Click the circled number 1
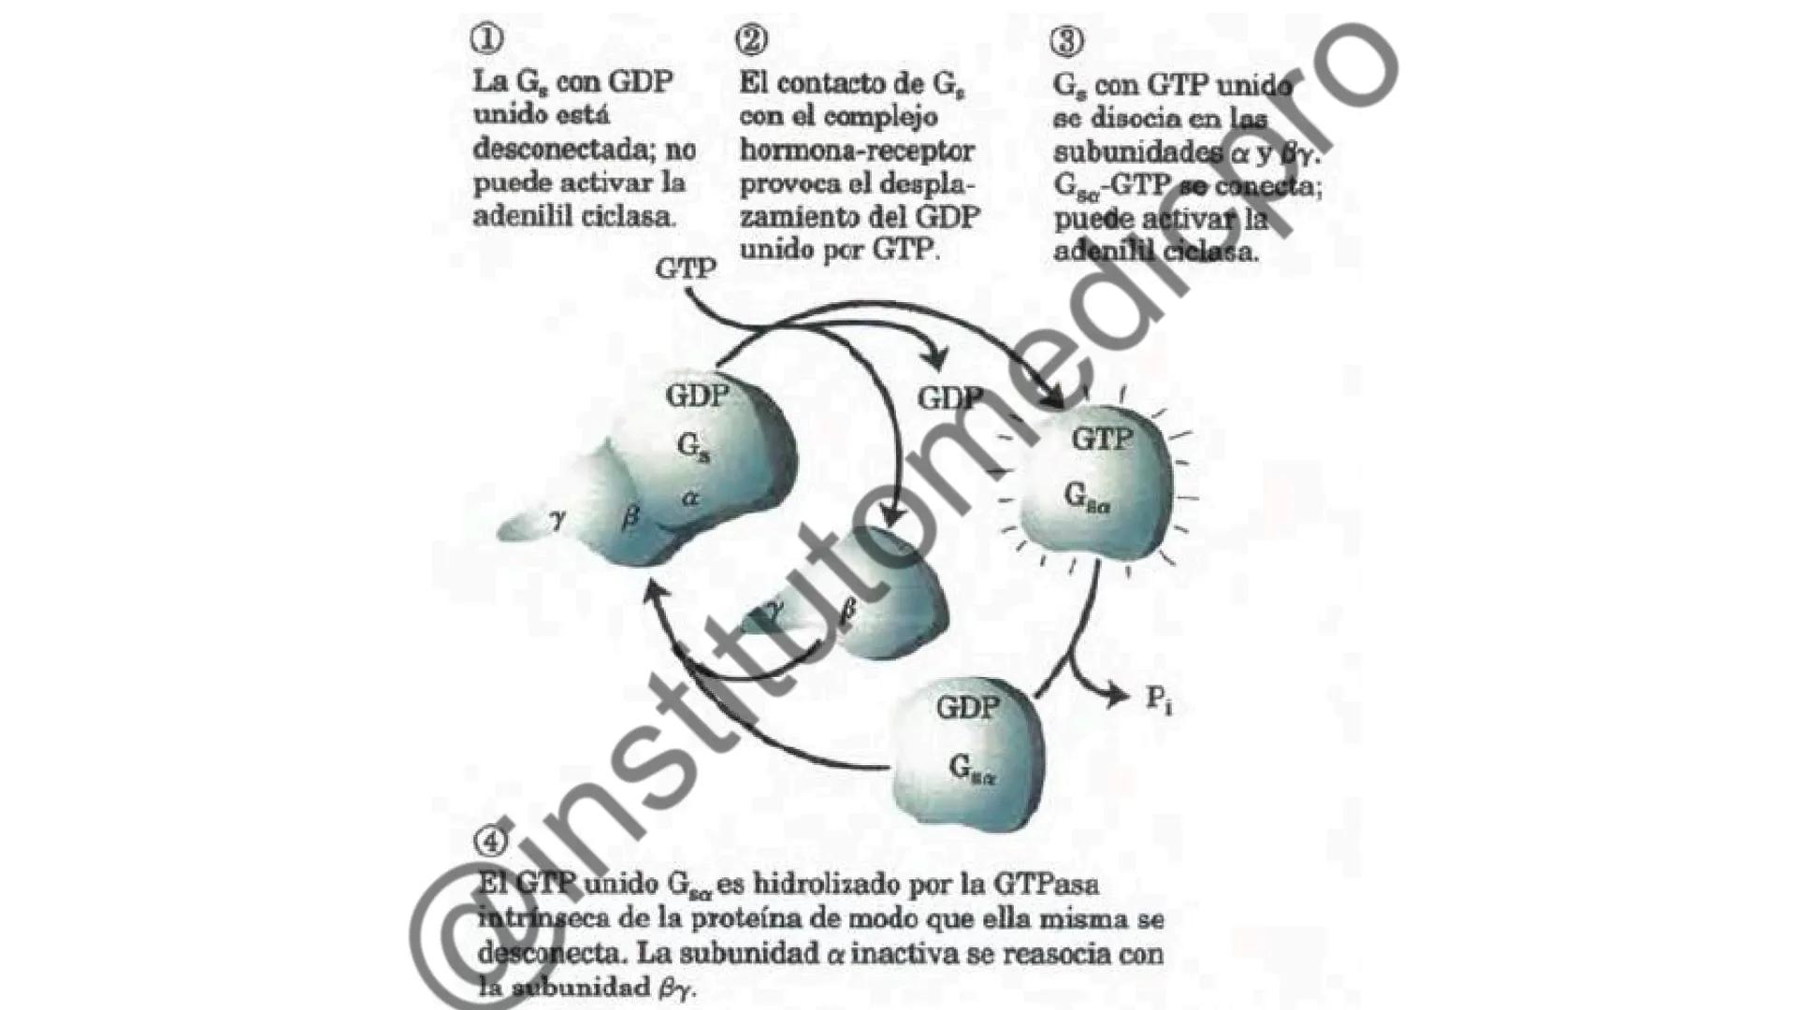(486, 38)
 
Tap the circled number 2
(752, 39)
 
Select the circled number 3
(1066, 41)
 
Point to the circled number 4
(490, 841)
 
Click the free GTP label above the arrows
(686, 268)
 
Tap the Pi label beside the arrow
(1159, 700)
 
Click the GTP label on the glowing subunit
(1102, 438)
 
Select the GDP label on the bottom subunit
(967, 707)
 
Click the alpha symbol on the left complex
(690, 498)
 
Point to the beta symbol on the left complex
(630, 515)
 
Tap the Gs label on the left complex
(693, 447)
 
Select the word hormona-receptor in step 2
(857, 151)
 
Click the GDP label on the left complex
(697, 396)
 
